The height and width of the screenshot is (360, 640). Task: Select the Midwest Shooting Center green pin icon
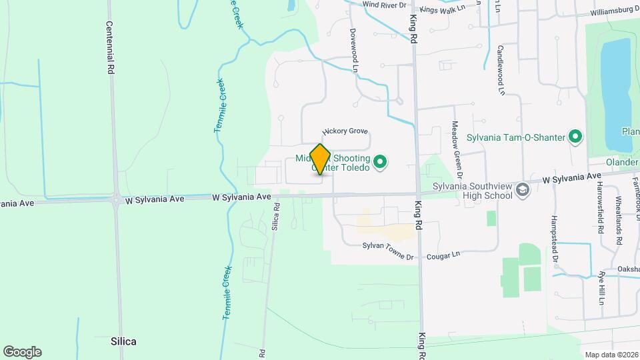click(x=380, y=162)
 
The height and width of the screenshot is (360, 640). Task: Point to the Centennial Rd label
click(x=111, y=47)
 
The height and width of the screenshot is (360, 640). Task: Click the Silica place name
click(x=124, y=341)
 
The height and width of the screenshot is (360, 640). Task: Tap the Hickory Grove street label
click(x=345, y=132)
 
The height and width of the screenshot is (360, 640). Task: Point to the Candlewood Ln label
click(x=499, y=67)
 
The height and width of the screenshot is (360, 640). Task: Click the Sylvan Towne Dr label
click(x=388, y=247)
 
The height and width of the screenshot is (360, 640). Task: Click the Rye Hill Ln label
click(x=601, y=287)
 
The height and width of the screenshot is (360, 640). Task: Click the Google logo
click(x=22, y=351)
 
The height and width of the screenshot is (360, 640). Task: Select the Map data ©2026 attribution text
click(x=611, y=354)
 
